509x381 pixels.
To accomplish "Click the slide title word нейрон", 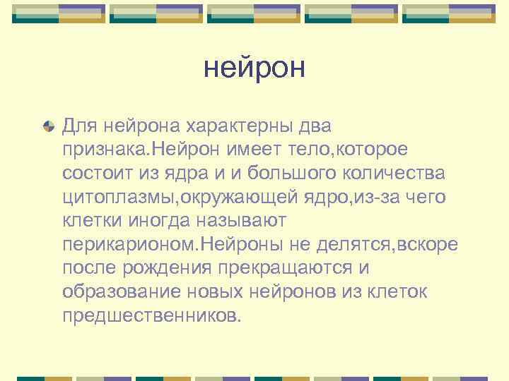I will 254,68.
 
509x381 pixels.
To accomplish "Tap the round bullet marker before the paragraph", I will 48,127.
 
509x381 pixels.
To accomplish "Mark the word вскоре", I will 428,244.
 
